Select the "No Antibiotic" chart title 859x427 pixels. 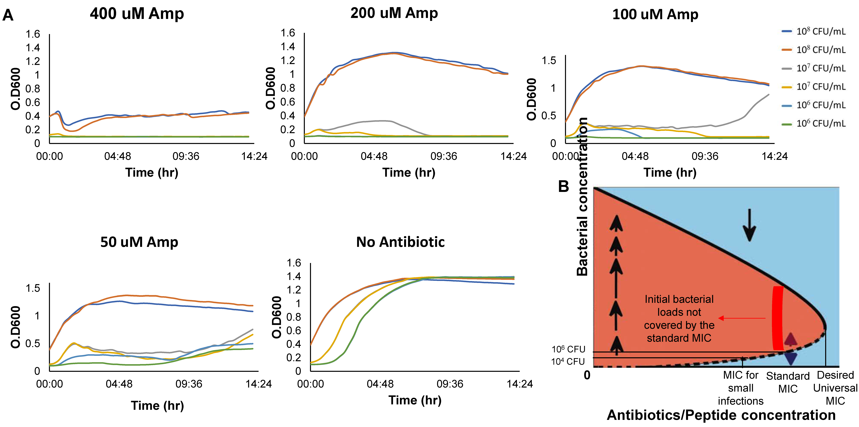point(400,242)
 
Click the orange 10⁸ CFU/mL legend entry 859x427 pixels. point(814,50)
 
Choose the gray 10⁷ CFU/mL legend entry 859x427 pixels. point(814,68)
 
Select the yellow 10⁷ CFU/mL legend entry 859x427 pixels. point(814,87)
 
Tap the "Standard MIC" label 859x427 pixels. point(788,382)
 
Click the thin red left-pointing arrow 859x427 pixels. point(742,318)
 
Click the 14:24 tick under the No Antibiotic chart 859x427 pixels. point(519,384)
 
